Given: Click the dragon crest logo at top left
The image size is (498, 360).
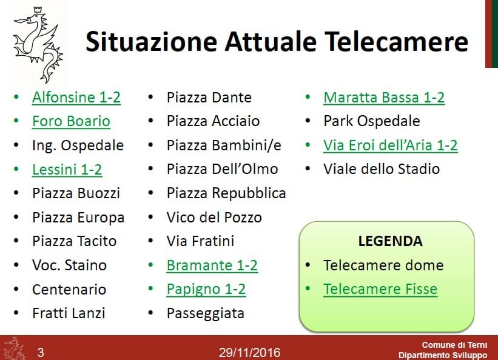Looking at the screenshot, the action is [x=38, y=44].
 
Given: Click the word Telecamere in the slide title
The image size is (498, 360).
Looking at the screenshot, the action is [x=396, y=42].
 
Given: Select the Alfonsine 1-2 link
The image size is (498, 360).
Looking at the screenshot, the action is [x=76, y=98].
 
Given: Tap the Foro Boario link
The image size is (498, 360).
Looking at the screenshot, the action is [x=71, y=121].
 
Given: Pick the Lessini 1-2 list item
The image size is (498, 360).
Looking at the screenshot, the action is [x=67, y=170].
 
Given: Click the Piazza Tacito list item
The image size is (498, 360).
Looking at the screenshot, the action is [x=75, y=241].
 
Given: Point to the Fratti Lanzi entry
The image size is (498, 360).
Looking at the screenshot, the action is [x=69, y=313].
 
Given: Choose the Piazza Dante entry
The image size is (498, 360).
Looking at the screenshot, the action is [x=209, y=98].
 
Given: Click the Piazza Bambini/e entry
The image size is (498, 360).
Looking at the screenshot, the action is [x=224, y=145].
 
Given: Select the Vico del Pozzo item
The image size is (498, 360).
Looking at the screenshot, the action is [x=214, y=218].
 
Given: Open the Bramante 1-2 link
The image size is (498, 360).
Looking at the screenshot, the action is [x=212, y=265].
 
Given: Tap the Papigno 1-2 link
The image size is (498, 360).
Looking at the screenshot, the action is [x=206, y=289].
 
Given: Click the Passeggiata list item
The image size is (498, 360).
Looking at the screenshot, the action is [x=206, y=313].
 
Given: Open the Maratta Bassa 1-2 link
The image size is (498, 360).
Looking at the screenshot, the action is [x=384, y=98].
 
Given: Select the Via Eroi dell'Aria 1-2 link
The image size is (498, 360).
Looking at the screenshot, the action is [x=391, y=145].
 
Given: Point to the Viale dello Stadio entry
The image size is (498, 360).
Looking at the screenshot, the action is [x=382, y=169].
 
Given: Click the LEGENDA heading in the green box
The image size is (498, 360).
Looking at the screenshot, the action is [x=391, y=241].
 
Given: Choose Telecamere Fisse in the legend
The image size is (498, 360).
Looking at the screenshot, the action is [x=380, y=289].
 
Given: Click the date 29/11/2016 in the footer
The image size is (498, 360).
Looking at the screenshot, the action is [x=250, y=353].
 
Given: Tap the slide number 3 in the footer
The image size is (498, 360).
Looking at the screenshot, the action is [x=41, y=352].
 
